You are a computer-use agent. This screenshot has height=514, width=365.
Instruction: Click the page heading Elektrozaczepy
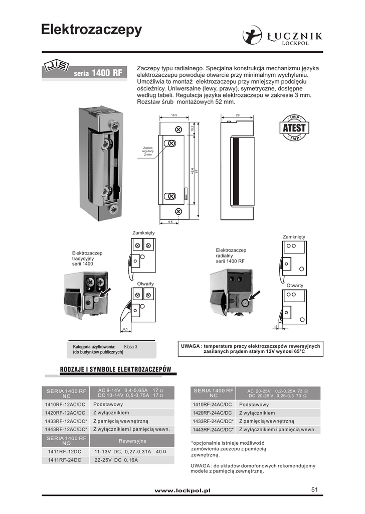pos(91,30)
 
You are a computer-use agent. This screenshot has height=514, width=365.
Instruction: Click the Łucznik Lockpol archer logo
pos(252,36)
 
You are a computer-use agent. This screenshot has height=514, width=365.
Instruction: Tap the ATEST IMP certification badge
pos(294,128)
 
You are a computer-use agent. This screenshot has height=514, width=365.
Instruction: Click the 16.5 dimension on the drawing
pos(173,115)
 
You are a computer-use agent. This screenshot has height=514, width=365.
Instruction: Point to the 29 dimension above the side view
pos(238,115)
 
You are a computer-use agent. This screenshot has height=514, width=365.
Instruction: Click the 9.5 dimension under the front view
pos(170,221)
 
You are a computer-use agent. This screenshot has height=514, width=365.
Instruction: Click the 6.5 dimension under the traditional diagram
pos(125,329)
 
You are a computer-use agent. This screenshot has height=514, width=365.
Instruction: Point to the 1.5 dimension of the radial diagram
pos(275,327)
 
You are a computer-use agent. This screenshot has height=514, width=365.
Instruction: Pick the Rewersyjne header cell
pos(132,441)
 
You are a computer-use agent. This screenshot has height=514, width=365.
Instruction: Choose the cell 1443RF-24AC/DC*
pos(213,430)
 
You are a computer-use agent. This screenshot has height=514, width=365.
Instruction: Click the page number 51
pos(315,489)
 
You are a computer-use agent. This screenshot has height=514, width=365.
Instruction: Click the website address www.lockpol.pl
pos(182,490)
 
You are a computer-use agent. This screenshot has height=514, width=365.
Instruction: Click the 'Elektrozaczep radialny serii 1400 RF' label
pos(231,255)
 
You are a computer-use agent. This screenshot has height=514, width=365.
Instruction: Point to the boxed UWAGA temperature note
pos(249,348)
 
